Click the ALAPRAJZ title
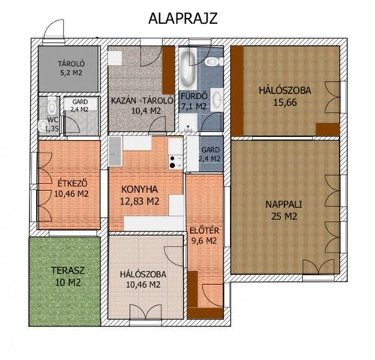click(x=183, y=18)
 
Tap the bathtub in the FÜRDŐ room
click(x=188, y=67)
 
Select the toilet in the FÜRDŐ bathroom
click(x=214, y=61)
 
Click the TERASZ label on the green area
click(x=68, y=271)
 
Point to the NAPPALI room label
click(x=283, y=204)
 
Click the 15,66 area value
click(x=285, y=102)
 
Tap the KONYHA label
click(x=139, y=189)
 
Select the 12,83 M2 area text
click(x=140, y=201)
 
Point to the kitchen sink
click(x=115, y=151)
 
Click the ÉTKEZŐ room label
click(x=72, y=183)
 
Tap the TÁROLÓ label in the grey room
click(x=71, y=64)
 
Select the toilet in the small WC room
click(x=52, y=105)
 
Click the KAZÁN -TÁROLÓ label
click(x=142, y=101)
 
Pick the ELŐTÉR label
click(x=204, y=231)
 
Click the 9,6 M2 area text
click(x=204, y=241)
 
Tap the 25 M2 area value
click(x=284, y=216)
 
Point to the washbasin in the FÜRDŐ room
click(x=217, y=99)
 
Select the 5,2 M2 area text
click(x=71, y=73)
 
